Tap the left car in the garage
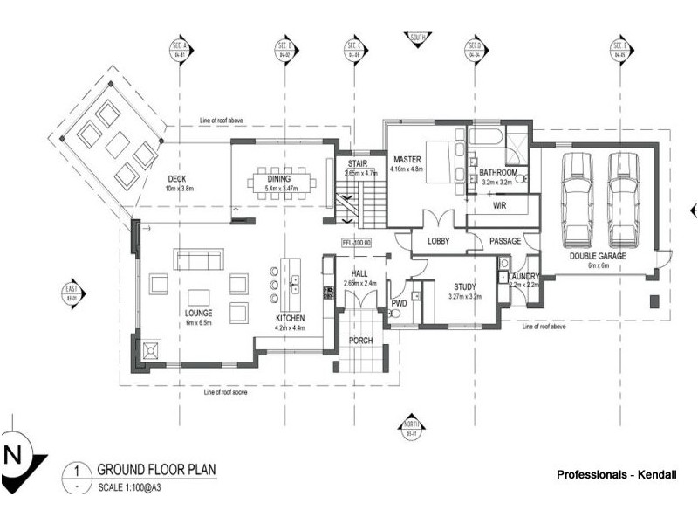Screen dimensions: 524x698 578,200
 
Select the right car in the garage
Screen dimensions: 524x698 623,200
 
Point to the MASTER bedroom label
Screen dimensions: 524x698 407,160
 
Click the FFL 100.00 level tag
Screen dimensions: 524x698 356,242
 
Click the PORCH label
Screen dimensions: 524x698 361,341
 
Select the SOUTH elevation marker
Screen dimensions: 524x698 418,37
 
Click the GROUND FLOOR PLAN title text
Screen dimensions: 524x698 156,469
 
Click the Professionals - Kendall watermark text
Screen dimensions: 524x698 616,474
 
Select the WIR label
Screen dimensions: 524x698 500,206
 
